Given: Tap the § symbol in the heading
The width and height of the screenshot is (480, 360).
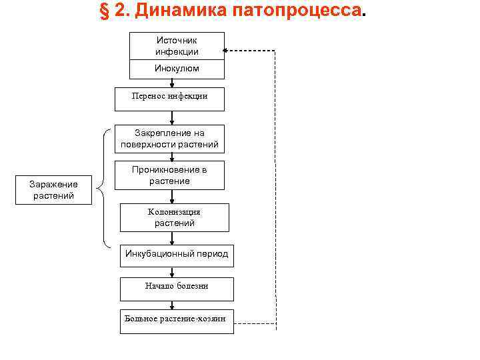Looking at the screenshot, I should click(x=105, y=12).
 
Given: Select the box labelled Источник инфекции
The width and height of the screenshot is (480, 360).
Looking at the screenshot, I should click(x=177, y=46).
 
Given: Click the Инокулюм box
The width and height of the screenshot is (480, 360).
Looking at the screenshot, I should click(x=177, y=69).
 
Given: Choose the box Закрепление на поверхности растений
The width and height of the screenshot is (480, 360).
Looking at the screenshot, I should click(x=169, y=139).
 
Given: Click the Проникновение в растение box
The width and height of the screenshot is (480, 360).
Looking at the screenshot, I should click(x=169, y=175).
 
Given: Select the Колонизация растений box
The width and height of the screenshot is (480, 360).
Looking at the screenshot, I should click(x=175, y=217).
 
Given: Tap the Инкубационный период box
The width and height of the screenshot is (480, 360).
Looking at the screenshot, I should click(x=177, y=254).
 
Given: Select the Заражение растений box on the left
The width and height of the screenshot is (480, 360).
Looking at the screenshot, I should click(x=53, y=190).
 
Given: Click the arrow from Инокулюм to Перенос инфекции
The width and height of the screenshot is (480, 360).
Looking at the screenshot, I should click(x=172, y=83).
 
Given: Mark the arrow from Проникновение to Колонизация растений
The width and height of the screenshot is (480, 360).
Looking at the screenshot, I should click(x=172, y=197).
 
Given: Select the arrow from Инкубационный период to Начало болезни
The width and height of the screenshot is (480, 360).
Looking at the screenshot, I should click(x=172, y=271).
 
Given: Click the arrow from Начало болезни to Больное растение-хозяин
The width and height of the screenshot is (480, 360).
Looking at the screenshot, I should click(x=172, y=305).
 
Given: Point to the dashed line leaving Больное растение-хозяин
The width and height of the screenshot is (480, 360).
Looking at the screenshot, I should click(x=253, y=324).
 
